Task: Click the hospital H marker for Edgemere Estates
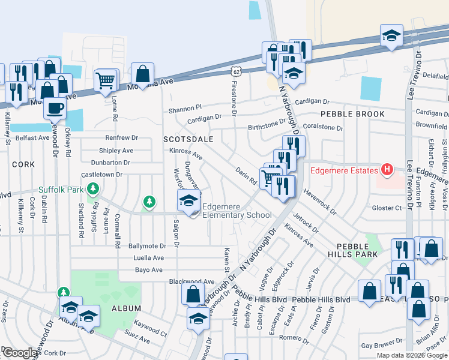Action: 387,170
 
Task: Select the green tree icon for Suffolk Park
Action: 92,190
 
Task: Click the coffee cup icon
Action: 56,109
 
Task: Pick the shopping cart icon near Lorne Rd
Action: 106,80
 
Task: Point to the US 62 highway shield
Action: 238,71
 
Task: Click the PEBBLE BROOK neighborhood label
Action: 343,114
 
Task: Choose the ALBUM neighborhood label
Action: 127,308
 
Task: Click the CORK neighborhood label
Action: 23,164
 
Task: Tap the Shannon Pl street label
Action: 185,109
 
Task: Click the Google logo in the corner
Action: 20,353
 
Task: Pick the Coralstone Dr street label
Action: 323,128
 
